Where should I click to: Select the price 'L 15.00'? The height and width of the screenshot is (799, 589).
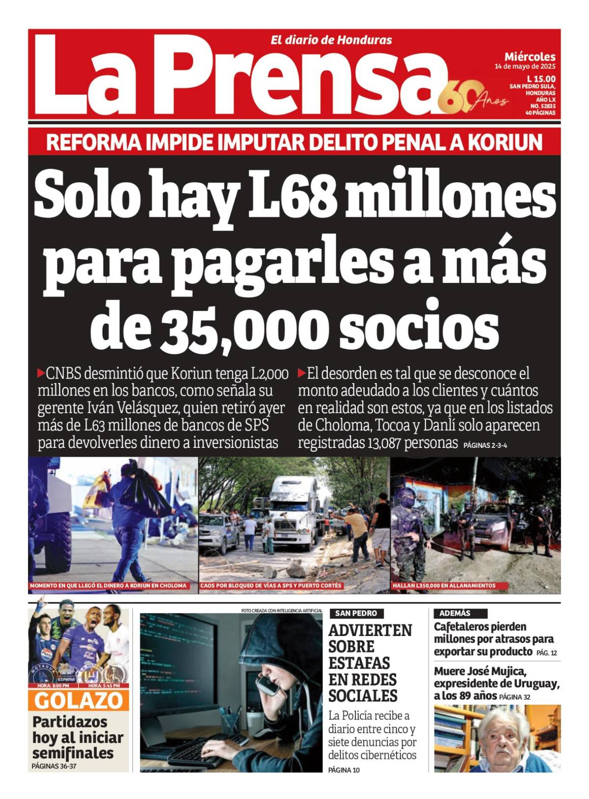pyautogui.click(x=541, y=79)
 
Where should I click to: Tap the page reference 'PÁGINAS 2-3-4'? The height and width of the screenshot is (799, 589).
pyautogui.click(x=485, y=446)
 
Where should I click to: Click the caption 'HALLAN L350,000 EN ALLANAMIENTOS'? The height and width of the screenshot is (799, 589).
pyautogui.click(x=444, y=585)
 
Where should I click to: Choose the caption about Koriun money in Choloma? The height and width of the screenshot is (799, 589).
pyautogui.click(x=108, y=585)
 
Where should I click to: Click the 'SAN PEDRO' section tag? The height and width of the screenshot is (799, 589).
pyautogui.click(x=356, y=613)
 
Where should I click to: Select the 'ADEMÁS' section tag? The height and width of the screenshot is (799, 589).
pyautogui.click(x=455, y=613)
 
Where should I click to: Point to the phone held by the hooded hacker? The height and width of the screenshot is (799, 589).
pyautogui.click(x=268, y=685)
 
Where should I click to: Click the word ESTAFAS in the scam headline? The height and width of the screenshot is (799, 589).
pyautogui.click(x=359, y=663)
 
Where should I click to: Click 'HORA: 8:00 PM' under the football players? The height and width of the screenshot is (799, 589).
pyautogui.click(x=53, y=686)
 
